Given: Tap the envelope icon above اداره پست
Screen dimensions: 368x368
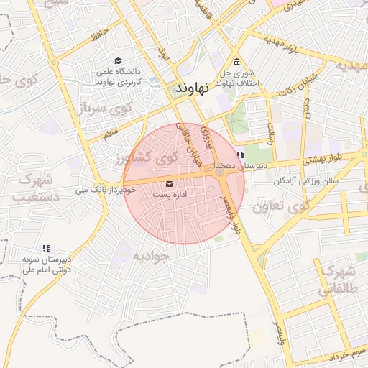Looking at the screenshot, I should tap(169, 183).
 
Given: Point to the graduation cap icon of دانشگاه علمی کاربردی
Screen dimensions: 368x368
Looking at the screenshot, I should tap(118, 61).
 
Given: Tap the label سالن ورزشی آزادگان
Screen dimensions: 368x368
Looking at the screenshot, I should tap(305, 181).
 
